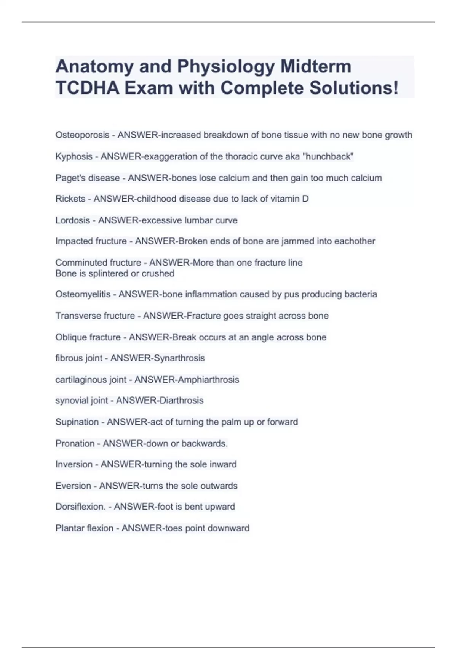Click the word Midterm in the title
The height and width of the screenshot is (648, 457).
tap(316, 67)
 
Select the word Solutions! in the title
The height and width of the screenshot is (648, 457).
tap(354, 88)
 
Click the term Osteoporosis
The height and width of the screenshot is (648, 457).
tap(82, 135)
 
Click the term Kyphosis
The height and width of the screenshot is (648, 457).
tap(74, 157)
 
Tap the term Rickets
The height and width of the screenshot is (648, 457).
tap(70, 199)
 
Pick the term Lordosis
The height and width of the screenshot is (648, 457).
tap(73, 220)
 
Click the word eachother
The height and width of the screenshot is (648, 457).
tap(355, 241)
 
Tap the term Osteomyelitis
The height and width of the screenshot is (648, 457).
tap(83, 294)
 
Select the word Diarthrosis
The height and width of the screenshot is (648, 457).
tap(181, 401)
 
